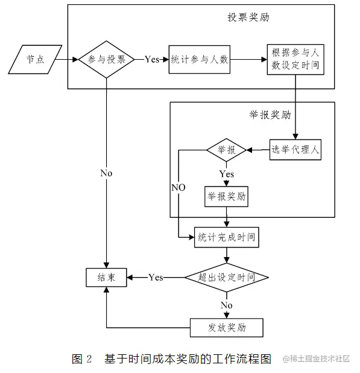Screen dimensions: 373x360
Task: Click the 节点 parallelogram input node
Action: (x=34, y=60)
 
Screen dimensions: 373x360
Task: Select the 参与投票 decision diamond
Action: (x=107, y=60)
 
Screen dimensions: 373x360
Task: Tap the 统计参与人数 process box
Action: (x=200, y=60)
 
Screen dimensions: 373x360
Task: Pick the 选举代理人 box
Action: (x=295, y=150)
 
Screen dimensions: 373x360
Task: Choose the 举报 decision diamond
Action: (x=226, y=150)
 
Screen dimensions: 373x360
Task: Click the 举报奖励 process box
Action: (x=226, y=196)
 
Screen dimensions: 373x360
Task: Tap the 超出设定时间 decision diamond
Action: (x=226, y=278)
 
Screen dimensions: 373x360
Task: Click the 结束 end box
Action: (x=106, y=278)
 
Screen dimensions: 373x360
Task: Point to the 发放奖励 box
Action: (x=226, y=328)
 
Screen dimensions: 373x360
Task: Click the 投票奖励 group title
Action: (x=248, y=18)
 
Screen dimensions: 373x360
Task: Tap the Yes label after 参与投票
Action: (x=152, y=60)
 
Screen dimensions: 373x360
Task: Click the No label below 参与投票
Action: (x=106, y=173)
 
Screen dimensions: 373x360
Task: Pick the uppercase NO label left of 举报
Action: (x=178, y=188)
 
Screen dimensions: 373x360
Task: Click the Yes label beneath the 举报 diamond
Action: (x=227, y=174)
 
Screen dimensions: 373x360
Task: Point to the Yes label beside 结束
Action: (x=156, y=278)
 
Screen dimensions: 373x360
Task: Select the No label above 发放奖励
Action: (x=226, y=305)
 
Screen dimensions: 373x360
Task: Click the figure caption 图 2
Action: (x=81, y=359)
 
